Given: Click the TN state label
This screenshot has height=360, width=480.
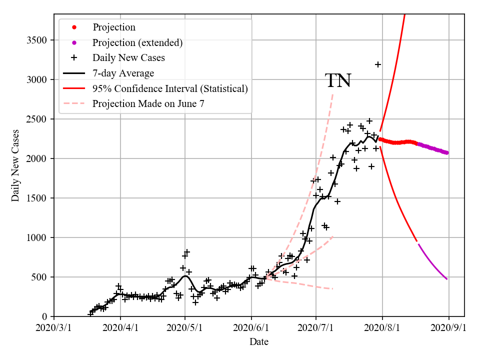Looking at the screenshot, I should tap(338, 80).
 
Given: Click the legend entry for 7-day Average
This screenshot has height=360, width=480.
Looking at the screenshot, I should tap(123, 73).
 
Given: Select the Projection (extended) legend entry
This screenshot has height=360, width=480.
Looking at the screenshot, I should tap(137, 42).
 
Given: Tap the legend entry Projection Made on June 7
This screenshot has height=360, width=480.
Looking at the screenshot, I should tap(148, 103).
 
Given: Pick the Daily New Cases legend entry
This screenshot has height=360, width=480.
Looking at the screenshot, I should tap(128, 57).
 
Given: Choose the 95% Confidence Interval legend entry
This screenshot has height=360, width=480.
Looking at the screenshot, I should tap(170, 88).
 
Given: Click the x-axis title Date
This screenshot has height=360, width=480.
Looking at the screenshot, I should tap(259, 342).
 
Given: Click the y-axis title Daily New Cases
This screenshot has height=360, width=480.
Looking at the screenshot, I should tap(15, 165).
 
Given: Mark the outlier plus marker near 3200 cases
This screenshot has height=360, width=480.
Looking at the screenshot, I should tap(378, 64).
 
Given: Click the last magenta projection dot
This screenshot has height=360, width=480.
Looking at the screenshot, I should tap(446, 152).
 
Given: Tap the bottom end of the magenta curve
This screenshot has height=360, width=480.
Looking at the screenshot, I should tap(447, 279).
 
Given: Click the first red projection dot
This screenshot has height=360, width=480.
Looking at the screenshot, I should tap(380, 139).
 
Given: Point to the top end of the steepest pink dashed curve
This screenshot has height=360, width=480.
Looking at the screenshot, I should tap(332, 92).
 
